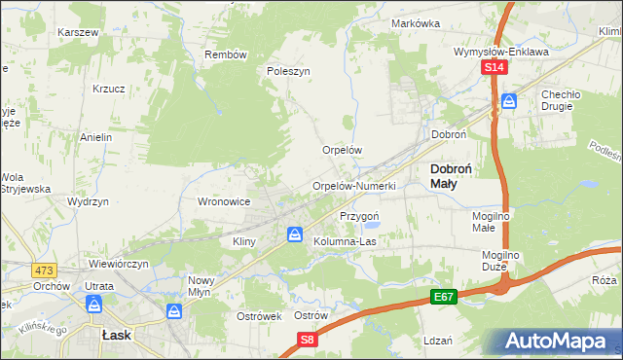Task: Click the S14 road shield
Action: click(495, 67)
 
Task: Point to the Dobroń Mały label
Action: click(451, 175)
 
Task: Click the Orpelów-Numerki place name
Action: click(353, 186)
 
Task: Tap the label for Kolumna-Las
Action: click(345, 240)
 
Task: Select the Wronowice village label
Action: click(225, 201)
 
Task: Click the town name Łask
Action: click(116, 334)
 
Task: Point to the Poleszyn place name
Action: click(288, 72)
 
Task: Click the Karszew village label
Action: click(79, 32)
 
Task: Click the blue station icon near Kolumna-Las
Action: click(294, 234)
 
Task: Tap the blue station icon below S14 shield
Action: click(508, 100)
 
